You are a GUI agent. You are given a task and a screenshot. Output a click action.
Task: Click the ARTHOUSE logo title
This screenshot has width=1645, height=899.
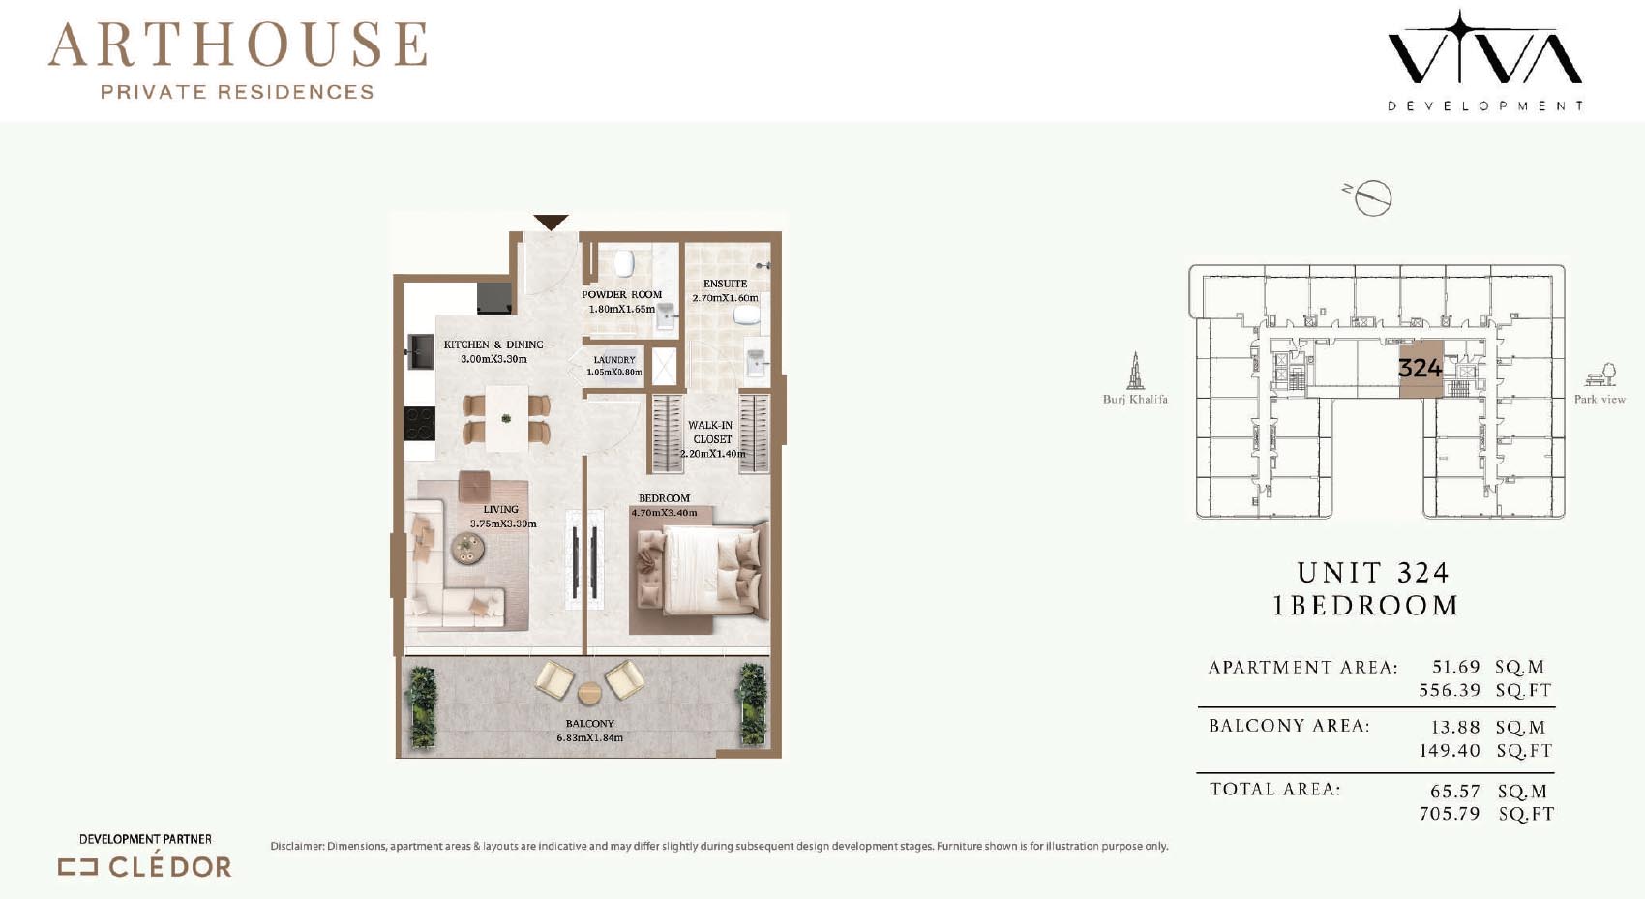tap(237, 45)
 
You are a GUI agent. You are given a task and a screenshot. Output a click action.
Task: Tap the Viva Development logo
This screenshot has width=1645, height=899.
tap(1484, 61)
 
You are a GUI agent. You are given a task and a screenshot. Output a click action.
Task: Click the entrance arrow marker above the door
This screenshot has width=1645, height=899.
tap(551, 222)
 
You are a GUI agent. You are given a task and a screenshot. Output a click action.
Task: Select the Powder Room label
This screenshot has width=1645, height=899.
tap(621, 294)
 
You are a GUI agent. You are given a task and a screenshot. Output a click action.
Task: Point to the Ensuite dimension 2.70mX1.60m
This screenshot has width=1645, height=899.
tap(725, 298)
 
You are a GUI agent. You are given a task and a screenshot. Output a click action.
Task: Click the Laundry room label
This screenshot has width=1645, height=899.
tap(613, 360)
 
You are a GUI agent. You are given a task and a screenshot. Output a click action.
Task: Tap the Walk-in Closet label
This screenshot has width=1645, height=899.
tap(711, 432)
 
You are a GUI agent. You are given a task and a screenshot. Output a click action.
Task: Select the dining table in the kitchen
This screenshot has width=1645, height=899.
tap(506, 419)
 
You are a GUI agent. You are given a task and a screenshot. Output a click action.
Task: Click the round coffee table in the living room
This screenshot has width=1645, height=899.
tap(467, 549)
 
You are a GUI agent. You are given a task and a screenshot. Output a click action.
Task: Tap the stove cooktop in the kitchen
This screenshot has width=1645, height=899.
tap(419, 423)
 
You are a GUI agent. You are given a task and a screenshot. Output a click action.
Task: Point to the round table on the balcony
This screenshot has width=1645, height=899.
tap(589, 693)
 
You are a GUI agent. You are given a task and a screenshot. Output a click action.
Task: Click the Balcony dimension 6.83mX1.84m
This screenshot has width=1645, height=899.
tap(589, 738)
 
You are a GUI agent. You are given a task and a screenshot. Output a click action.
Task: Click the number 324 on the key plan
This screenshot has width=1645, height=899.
tap(1421, 367)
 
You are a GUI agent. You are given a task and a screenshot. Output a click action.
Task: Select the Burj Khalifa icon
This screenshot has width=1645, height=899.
tap(1135, 371)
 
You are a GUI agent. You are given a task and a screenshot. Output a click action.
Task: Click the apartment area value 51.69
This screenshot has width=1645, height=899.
tap(1456, 667)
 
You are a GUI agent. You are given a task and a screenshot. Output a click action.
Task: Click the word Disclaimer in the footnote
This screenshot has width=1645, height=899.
tap(297, 846)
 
